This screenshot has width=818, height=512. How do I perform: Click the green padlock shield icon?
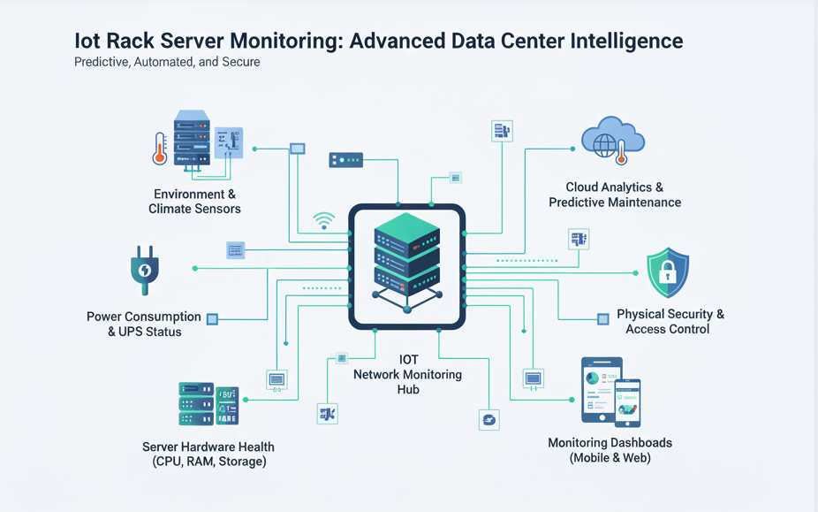click(x=667, y=272)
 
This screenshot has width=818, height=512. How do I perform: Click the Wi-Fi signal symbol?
click(x=324, y=219)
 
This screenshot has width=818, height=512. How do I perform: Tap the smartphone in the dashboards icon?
click(x=627, y=401)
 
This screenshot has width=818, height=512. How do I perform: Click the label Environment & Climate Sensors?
click(x=194, y=202)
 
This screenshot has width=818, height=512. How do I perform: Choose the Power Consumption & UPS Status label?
click(x=144, y=325)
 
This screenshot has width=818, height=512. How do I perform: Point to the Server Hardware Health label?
click(x=208, y=454)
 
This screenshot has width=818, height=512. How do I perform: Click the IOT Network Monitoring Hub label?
click(x=407, y=374)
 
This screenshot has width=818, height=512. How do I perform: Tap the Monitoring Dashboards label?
click(x=610, y=450)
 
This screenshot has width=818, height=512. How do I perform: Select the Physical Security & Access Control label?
click(x=670, y=322)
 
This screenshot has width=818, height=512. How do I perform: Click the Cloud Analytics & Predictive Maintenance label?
click(x=615, y=195)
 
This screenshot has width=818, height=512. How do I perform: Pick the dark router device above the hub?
click(x=345, y=160)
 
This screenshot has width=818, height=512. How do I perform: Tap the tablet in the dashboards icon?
click(x=601, y=389)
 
